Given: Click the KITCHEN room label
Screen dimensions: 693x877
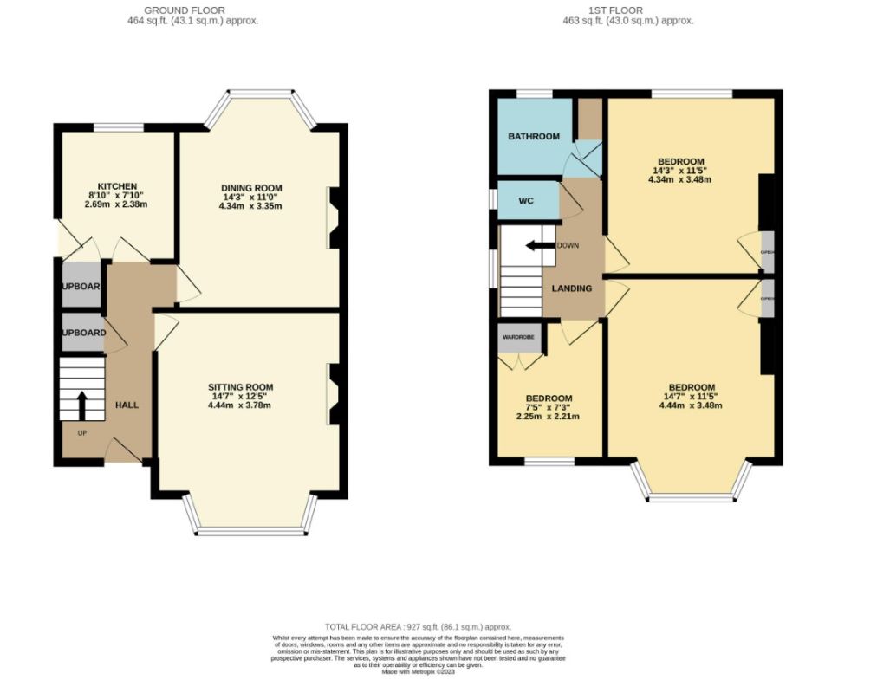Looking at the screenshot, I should [x=117, y=186].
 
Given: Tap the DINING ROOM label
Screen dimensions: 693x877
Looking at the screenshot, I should [x=251, y=188].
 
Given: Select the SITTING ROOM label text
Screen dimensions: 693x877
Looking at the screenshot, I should [x=240, y=387].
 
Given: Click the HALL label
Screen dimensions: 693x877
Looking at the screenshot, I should [x=127, y=405].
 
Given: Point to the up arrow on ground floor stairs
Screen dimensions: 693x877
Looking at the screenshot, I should [x=82, y=403].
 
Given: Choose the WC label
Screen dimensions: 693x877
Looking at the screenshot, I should [x=525, y=201].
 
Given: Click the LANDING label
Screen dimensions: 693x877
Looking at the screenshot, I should [x=572, y=288].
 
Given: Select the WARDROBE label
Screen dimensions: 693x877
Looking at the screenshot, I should [x=520, y=337].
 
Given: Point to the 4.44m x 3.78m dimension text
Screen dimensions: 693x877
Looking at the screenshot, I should [x=240, y=405].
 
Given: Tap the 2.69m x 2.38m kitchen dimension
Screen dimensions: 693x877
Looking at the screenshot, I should [x=117, y=204].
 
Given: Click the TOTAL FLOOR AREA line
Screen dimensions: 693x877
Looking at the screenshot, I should [x=418, y=626].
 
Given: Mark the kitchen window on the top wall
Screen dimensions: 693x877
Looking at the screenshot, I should [x=118, y=128].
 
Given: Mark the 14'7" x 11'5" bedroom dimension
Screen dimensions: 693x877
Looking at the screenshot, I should [x=692, y=398].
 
